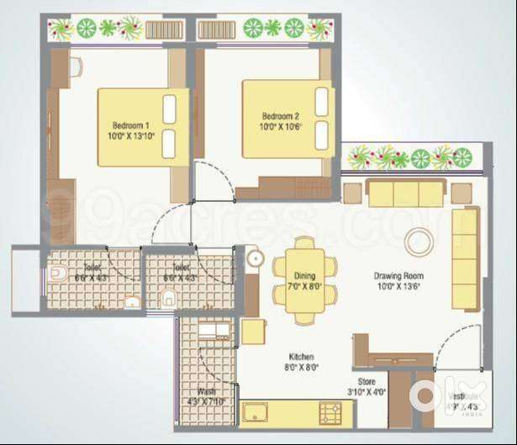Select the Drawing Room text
(398, 275)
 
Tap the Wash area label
(207, 391)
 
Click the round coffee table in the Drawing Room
(419, 242)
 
